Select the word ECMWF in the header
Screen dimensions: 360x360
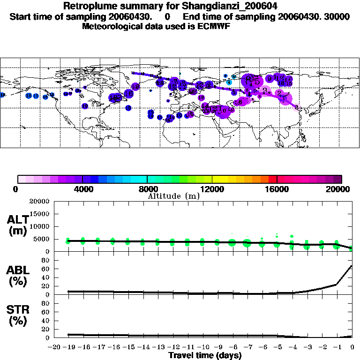[213, 26]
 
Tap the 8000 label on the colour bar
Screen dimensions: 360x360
[147, 189]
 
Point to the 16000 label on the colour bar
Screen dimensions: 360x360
[277, 189]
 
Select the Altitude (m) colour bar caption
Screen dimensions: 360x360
[173, 196]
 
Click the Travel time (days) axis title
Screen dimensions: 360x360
[205, 356]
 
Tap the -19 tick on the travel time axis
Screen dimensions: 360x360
[68, 347]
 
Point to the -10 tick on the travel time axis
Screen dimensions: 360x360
[202, 347]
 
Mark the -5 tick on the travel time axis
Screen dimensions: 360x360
[277, 347]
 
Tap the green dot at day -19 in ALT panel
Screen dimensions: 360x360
[68, 241]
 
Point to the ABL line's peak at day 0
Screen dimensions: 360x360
[352, 266]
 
